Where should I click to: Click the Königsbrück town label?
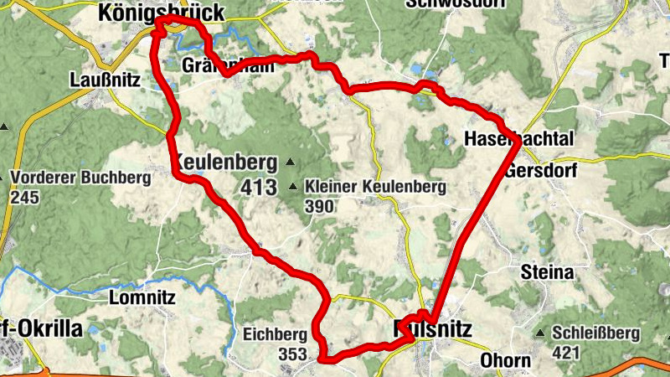(161, 12)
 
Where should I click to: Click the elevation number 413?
(257, 188)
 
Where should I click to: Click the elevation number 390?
(322, 204)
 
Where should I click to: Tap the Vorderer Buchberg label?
(80, 178)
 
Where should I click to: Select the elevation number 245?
(25, 198)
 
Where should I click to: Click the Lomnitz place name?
(142, 297)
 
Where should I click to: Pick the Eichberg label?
(271, 333)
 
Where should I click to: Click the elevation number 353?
(292, 354)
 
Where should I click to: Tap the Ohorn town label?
(505, 361)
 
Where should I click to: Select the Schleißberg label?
(595, 333)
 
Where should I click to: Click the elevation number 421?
(566, 353)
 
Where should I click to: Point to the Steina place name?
(547, 272)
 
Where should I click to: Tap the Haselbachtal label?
(506, 137)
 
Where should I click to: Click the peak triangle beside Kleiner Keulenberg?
(293, 187)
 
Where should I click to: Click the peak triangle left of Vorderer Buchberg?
(3, 177)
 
